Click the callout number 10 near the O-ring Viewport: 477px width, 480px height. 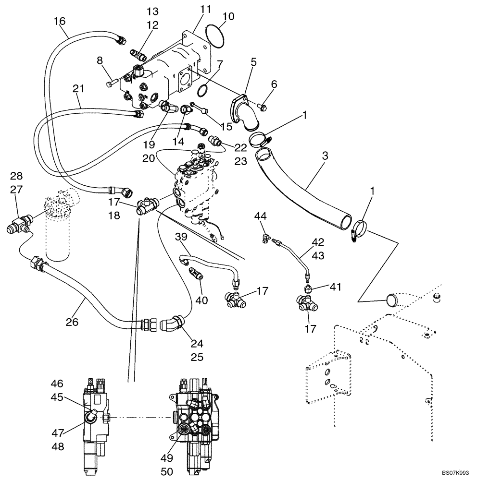pyautogui.click(x=228, y=17)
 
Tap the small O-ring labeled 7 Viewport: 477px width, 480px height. pyautogui.click(x=203, y=90)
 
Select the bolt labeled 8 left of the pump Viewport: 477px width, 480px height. pyautogui.click(x=110, y=84)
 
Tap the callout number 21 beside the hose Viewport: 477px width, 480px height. pyautogui.click(x=79, y=89)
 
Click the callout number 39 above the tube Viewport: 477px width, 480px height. pyautogui.click(x=181, y=238)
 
